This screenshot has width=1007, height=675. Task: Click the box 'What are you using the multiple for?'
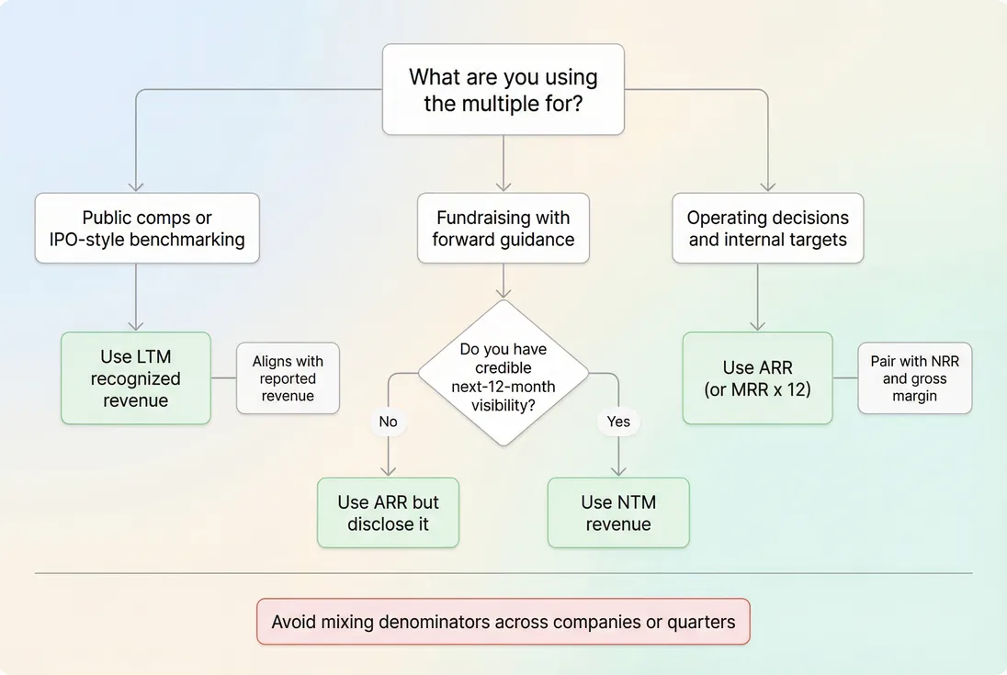coord(503,90)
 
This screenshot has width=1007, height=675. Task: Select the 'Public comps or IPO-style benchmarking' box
coord(147,229)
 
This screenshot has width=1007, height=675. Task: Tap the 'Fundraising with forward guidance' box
coord(503,229)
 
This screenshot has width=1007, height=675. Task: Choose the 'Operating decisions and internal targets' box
coord(767,229)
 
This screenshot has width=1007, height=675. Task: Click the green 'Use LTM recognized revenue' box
coord(136,378)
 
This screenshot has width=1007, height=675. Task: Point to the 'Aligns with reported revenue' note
coord(288,378)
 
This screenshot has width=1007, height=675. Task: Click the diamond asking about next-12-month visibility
coord(503,373)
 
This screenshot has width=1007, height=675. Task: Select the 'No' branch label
coord(388,422)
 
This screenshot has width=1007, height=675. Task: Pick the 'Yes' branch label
coord(617,422)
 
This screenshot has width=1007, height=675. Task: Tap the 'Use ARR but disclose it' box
coord(388,513)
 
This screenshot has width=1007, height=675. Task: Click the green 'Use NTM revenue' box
coord(617,513)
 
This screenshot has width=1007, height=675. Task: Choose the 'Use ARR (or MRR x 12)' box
coord(757,378)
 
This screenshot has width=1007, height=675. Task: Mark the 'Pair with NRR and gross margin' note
coord(914,378)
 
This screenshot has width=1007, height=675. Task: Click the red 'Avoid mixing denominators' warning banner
coord(503,622)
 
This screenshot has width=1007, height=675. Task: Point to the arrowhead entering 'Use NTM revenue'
coord(617,471)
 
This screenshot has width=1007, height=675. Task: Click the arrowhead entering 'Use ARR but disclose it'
coord(388,471)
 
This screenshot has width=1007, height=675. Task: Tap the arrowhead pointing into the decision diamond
coord(503,294)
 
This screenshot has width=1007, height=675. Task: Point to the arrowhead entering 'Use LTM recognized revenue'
coord(136,325)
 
